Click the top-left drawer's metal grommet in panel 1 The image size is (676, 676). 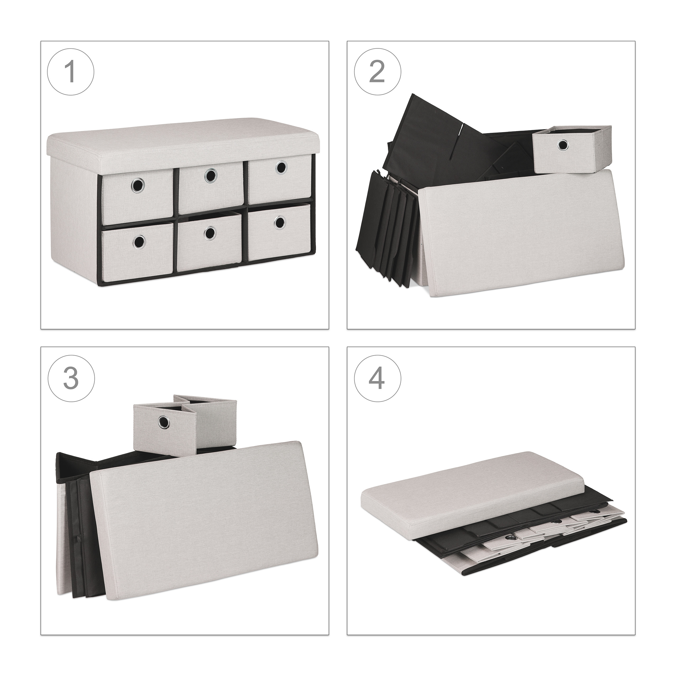(x=138, y=184)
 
